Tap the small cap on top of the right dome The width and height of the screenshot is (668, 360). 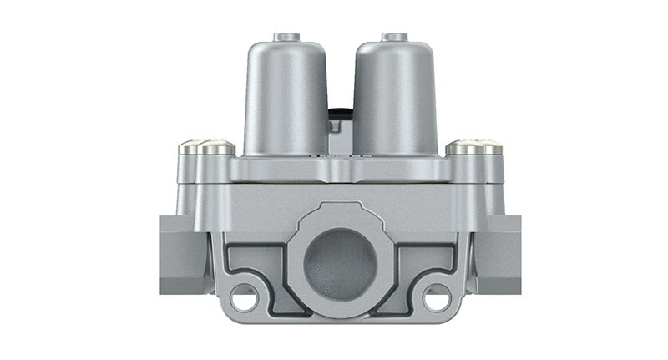(393, 37)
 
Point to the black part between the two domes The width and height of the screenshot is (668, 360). (337, 113)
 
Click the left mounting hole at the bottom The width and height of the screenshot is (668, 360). (241, 296)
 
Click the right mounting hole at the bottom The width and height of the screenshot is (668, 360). (435, 296)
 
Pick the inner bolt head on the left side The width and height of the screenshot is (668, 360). (215, 150)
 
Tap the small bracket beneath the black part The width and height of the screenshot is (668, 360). (337, 129)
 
